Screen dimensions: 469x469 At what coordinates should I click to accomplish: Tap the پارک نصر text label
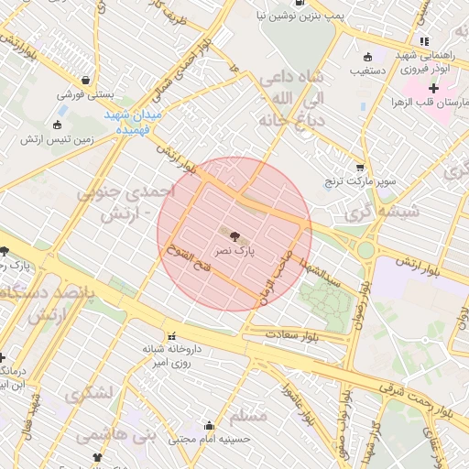coord(234,248)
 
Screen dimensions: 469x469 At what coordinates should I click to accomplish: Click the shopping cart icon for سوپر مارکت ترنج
coord(360,168)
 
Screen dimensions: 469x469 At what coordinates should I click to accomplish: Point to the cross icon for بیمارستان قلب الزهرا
coord(432,88)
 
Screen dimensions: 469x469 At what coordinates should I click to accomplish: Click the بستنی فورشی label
coord(84,93)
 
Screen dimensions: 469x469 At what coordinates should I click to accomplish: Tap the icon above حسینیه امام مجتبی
coord(210,425)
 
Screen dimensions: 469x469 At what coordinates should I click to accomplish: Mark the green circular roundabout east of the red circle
coord(366,249)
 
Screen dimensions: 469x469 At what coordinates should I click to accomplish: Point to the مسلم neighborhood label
coord(248,417)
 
